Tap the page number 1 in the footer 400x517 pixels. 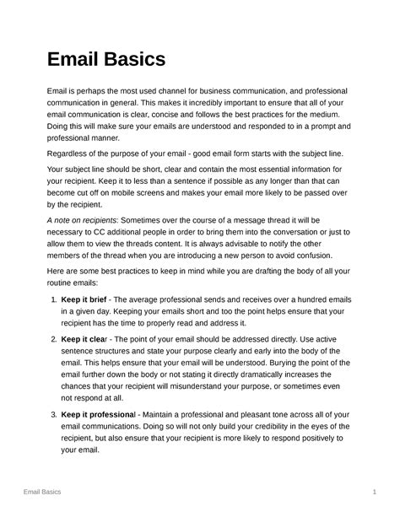coord(372,490)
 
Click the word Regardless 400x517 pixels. coord(71,157)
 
